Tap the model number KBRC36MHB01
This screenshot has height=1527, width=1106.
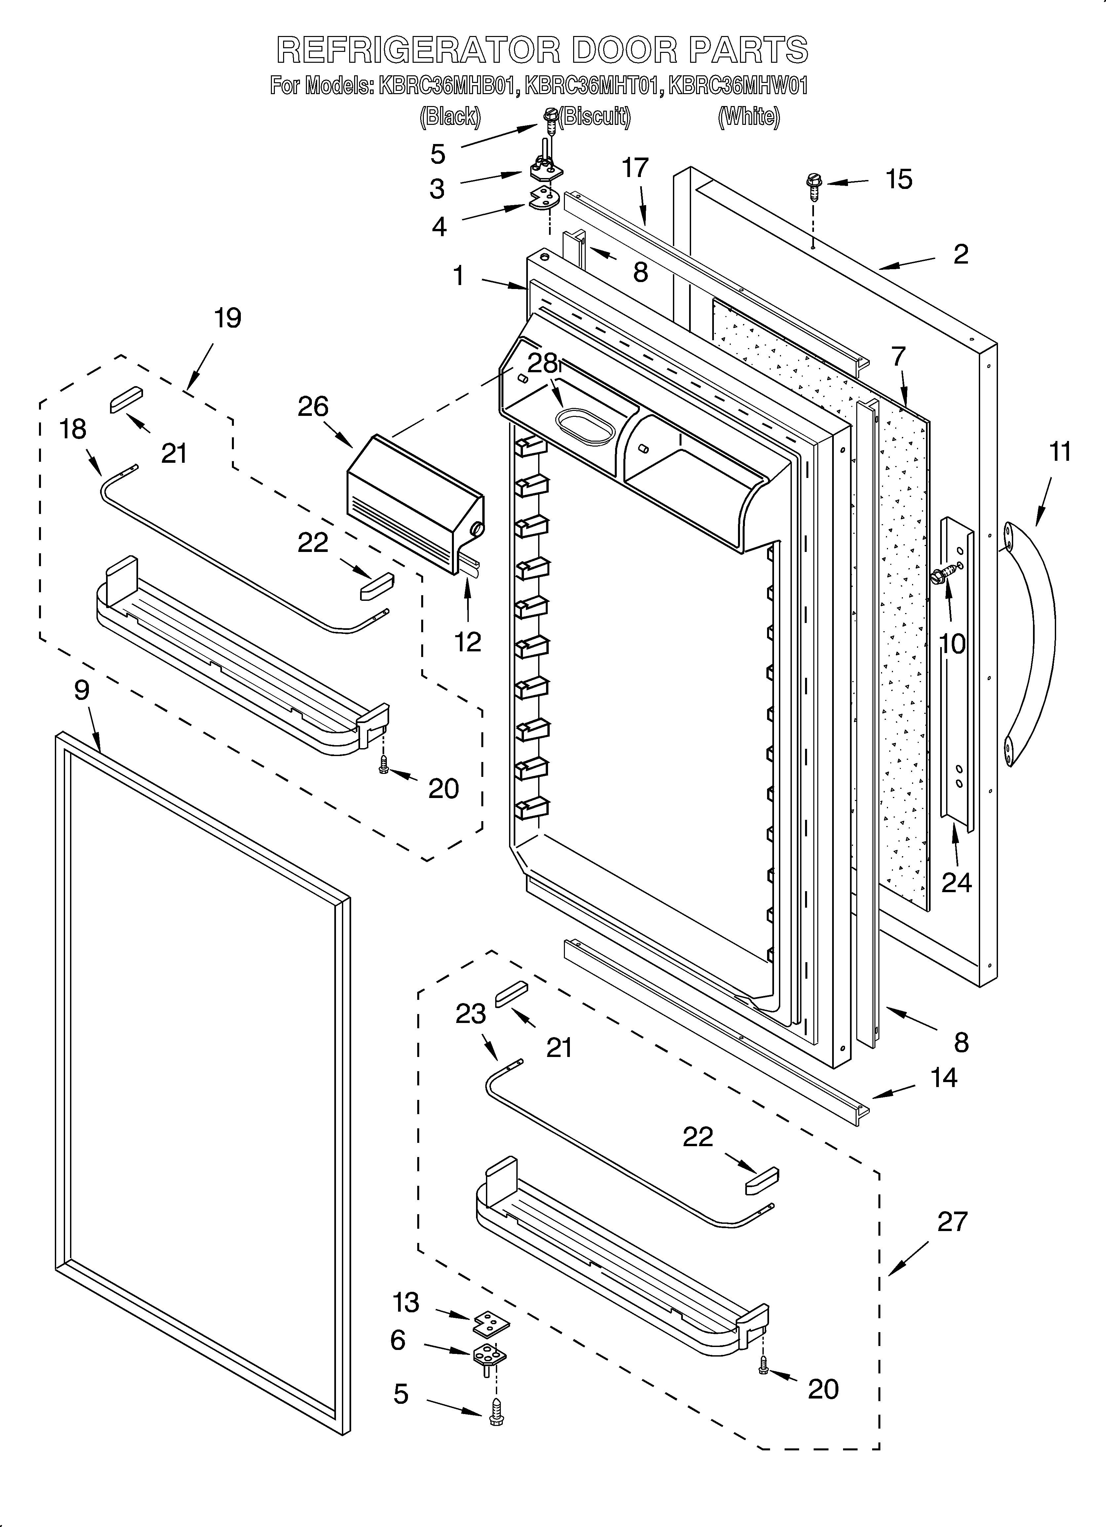coord(448,86)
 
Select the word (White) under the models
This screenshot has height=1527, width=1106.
coord(749,117)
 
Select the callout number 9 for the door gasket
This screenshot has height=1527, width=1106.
coord(82,690)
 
